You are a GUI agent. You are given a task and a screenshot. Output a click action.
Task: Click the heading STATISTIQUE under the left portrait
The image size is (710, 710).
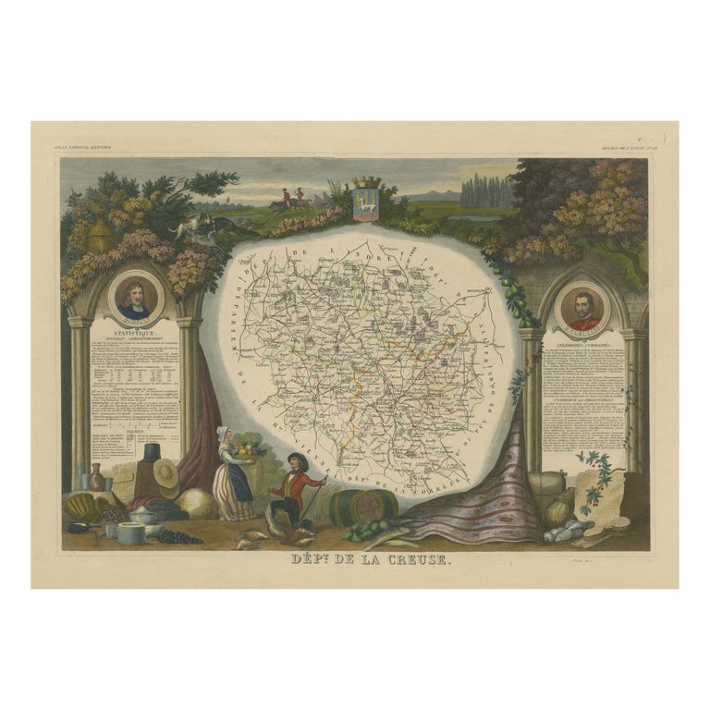[x=136, y=330]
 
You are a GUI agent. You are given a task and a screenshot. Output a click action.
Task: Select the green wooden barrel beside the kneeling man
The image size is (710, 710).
[x=362, y=506]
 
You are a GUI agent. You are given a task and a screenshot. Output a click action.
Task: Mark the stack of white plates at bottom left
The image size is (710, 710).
[x=130, y=533]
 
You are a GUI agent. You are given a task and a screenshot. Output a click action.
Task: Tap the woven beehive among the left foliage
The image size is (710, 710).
[x=102, y=237]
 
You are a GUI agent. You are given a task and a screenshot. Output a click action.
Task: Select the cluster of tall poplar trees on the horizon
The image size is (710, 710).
[x=486, y=191]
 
